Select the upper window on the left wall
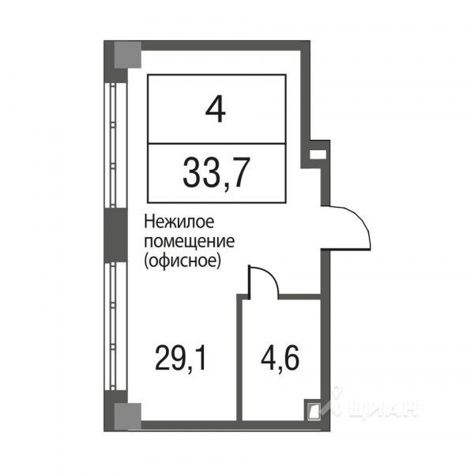tap(116, 142)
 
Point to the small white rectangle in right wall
tap(317, 155)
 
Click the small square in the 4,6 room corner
tap(313, 410)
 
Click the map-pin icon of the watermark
tap(337, 403)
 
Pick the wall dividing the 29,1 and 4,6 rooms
tap(239, 355)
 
